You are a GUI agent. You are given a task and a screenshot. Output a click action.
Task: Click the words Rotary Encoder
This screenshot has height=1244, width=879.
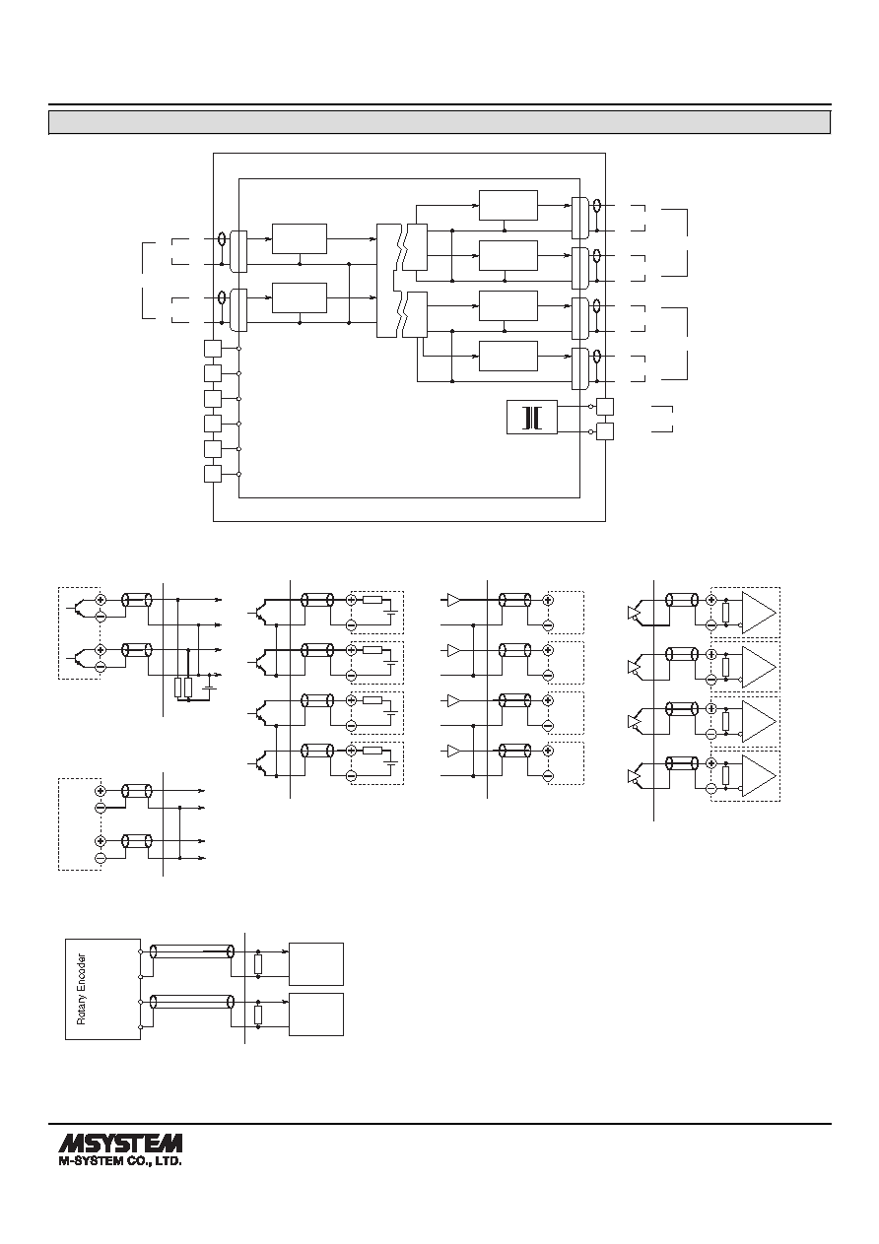pyautogui.click(x=81, y=989)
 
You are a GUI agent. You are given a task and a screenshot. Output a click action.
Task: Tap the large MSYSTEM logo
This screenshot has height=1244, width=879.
pyautogui.click(x=120, y=1144)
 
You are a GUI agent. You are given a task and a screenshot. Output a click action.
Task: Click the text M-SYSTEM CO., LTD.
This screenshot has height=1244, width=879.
pyautogui.click(x=120, y=1161)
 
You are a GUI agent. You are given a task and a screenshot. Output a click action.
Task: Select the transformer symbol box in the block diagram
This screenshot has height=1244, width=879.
pyautogui.click(x=532, y=417)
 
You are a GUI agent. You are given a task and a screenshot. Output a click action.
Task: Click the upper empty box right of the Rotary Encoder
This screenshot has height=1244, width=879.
pyautogui.click(x=316, y=964)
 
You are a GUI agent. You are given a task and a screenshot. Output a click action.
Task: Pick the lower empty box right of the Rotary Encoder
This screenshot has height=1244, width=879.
pyautogui.click(x=316, y=1015)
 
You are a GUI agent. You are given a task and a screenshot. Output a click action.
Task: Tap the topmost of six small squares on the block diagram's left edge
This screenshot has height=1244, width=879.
pyautogui.click(x=213, y=349)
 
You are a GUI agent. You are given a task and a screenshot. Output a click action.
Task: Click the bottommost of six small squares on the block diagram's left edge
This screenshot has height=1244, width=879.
pyautogui.click(x=213, y=474)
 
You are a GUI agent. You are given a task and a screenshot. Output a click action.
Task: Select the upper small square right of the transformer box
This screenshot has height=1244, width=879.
pyautogui.click(x=605, y=407)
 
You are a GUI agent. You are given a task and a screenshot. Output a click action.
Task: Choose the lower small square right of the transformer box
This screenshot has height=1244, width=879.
pyautogui.click(x=605, y=431)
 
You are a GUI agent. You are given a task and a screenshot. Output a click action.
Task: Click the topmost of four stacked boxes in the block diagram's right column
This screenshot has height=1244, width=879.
pyautogui.click(x=508, y=206)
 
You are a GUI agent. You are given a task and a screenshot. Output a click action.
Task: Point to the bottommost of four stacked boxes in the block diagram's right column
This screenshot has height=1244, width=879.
pyautogui.click(x=508, y=356)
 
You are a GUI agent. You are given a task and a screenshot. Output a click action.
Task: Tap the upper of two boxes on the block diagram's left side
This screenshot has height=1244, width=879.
pyautogui.click(x=300, y=238)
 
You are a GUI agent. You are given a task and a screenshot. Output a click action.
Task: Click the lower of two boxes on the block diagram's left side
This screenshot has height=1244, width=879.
pyautogui.click(x=300, y=298)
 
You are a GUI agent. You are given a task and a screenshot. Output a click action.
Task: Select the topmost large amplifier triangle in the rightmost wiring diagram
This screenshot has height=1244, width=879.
pyautogui.click(x=759, y=612)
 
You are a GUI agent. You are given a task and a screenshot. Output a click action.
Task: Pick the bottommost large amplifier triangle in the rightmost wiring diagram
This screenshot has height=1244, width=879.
pyautogui.click(x=759, y=776)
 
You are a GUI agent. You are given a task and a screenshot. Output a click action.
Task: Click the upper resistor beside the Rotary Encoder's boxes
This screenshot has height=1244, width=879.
pyautogui.click(x=258, y=964)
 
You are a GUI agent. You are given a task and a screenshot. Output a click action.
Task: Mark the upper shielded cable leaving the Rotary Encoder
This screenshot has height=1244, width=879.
pyautogui.click(x=192, y=951)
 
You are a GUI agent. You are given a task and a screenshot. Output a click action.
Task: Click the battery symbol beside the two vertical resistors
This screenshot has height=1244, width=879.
pyautogui.click(x=210, y=685)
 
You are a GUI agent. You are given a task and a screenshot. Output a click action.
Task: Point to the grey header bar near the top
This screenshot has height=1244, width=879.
pyautogui.click(x=439, y=122)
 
